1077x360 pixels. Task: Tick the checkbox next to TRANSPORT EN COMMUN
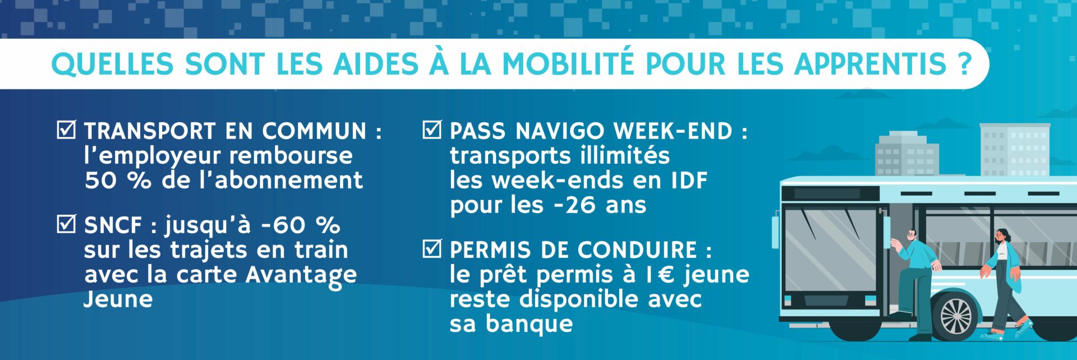pyautogui.click(x=66, y=130)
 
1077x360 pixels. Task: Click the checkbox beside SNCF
pyautogui.click(x=66, y=224)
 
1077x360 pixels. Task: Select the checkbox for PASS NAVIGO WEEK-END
pyautogui.click(x=431, y=130)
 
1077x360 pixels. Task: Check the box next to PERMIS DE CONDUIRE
pyautogui.click(x=431, y=248)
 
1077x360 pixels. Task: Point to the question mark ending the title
pyautogui.click(x=964, y=64)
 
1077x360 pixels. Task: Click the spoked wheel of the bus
pyautogui.click(x=955, y=316)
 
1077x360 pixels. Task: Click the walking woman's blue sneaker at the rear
pyautogui.click(x=991, y=335)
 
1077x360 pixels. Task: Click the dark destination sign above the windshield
pyautogui.click(x=830, y=193)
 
